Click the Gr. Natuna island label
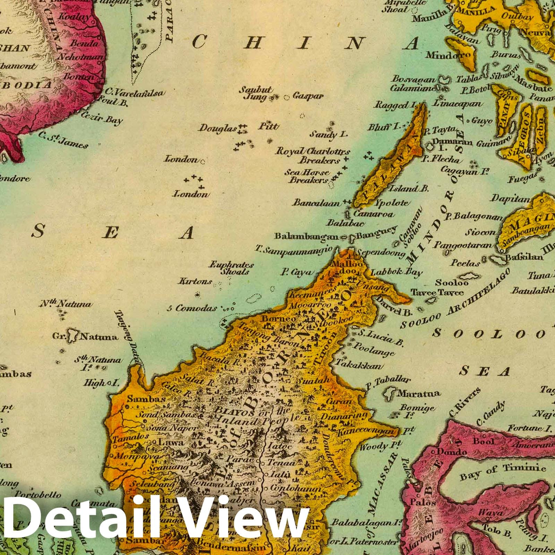point(85,336)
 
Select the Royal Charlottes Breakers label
point(313,156)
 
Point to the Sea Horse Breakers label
point(307,176)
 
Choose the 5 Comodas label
point(192,308)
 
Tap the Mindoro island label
point(448,55)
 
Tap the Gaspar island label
point(308,96)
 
